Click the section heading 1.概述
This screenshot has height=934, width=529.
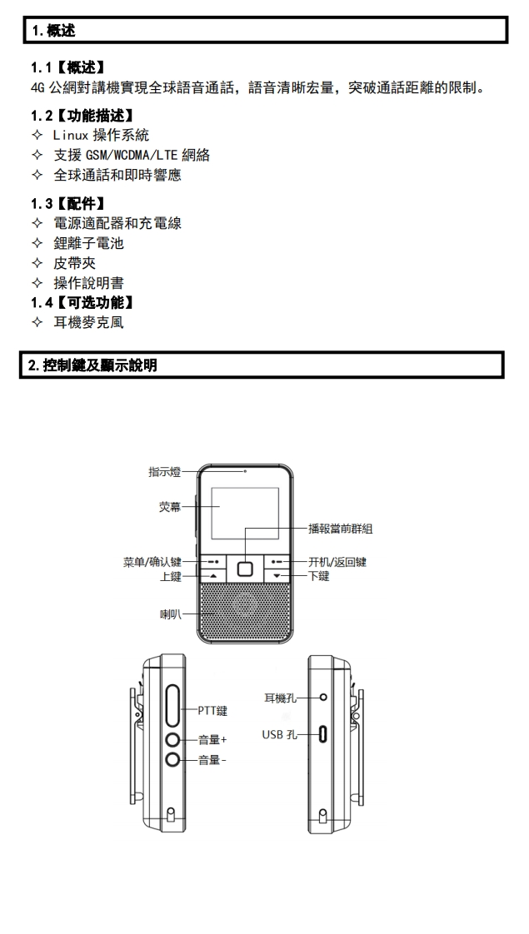52,32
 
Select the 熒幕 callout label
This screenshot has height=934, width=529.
169,507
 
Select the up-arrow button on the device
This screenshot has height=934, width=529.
213,576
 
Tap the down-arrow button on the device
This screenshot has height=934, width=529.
277,576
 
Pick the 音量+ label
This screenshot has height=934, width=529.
212,738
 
